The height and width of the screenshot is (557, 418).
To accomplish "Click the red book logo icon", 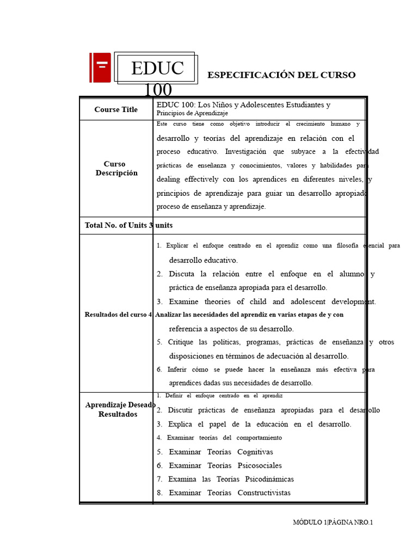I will [x=100, y=67].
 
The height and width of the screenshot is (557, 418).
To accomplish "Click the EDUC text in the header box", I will [x=157, y=69].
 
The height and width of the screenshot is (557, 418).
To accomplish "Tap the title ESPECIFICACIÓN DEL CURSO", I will [x=281, y=75].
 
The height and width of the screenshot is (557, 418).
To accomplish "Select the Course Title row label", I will [x=116, y=109].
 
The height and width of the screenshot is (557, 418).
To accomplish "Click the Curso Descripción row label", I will [x=116, y=168].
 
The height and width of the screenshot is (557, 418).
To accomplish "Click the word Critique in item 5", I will [x=181, y=342].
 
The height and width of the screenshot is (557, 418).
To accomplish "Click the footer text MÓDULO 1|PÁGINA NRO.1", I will [x=333, y=522].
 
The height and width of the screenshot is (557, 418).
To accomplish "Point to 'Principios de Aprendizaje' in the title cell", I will [x=192, y=113].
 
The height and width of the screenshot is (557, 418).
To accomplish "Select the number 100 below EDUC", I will [x=158, y=90].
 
